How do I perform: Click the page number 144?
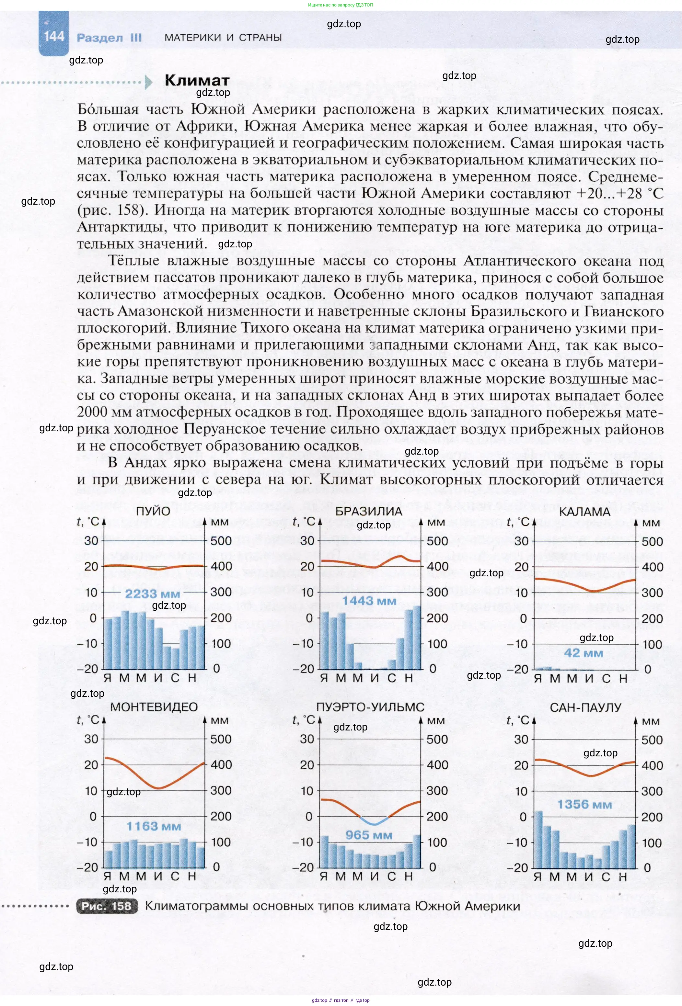54,36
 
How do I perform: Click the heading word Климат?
197,81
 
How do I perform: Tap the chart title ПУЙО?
153,511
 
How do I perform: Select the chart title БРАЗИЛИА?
368,511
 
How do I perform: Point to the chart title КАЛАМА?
584,512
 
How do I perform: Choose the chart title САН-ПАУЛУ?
585,708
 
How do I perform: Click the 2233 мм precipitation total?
152,594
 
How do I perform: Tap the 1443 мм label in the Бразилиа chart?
369,601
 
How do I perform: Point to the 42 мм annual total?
583,653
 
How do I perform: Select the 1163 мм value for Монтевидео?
153,826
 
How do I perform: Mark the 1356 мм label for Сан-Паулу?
584,805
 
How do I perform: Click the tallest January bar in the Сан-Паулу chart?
538,839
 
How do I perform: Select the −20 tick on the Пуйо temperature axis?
87,669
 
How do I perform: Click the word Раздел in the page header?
99,38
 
